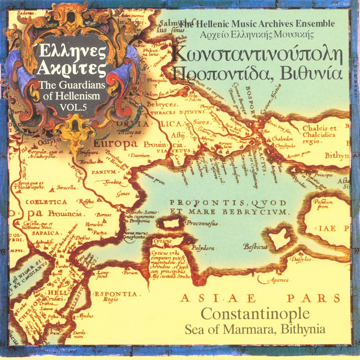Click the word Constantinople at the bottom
(255, 314)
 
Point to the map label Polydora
(203, 248)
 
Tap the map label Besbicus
(255, 247)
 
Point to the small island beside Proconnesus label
(172, 224)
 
